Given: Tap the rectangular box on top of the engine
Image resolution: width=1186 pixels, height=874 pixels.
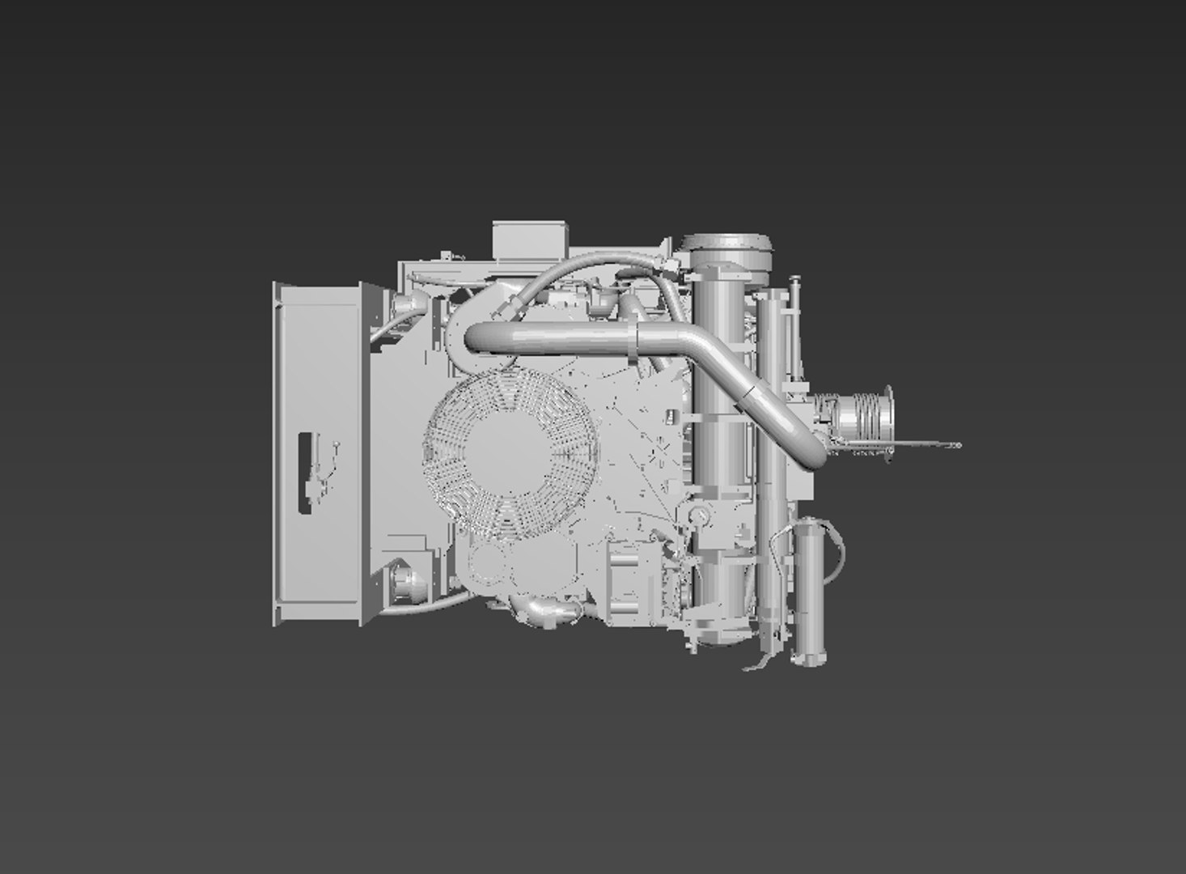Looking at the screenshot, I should [x=527, y=239].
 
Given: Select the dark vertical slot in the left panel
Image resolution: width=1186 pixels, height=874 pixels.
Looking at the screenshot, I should [x=306, y=473].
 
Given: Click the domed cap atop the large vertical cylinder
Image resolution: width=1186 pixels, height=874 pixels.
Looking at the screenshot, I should [x=726, y=243].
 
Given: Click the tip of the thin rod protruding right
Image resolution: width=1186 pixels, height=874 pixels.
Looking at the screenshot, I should [x=957, y=444].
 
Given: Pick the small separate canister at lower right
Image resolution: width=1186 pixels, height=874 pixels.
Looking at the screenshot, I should [x=810, y=594].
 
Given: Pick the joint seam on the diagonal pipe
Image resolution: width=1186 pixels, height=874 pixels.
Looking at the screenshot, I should [x=749, y=392].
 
